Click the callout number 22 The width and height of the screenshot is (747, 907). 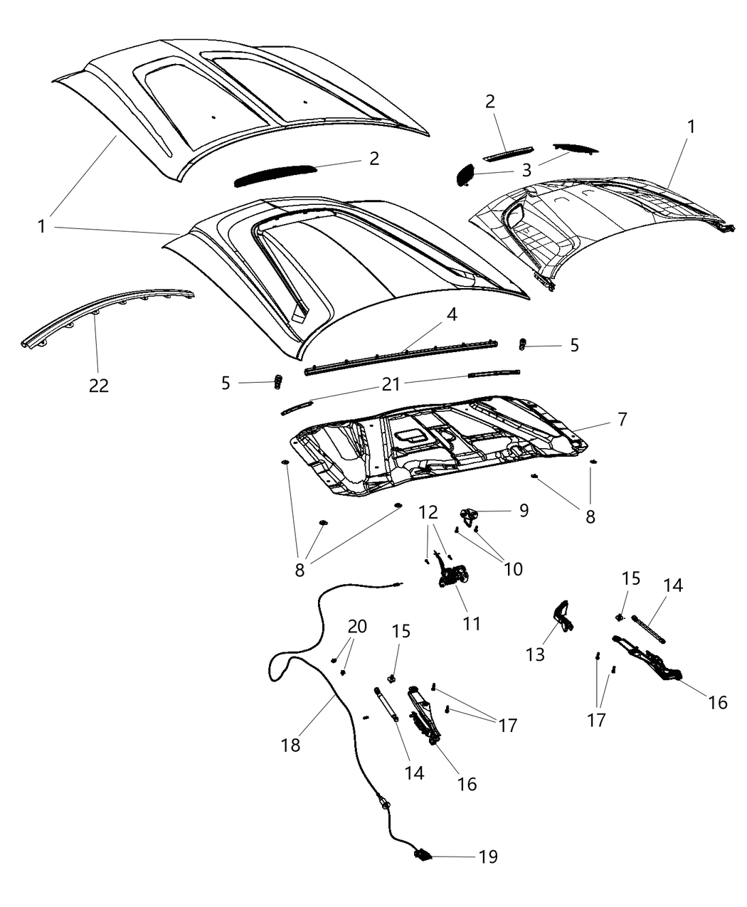pos(99,385)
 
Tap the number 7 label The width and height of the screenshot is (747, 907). pos(622,419)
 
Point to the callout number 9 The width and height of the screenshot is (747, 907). pos(524,510)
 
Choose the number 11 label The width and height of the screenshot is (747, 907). pos(472,623)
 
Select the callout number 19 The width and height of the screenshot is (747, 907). pos(488,856)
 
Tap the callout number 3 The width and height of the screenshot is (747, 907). pos(526,170)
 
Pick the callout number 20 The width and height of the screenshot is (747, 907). pos(357,627)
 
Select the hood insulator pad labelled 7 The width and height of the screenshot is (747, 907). pos(441,448)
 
